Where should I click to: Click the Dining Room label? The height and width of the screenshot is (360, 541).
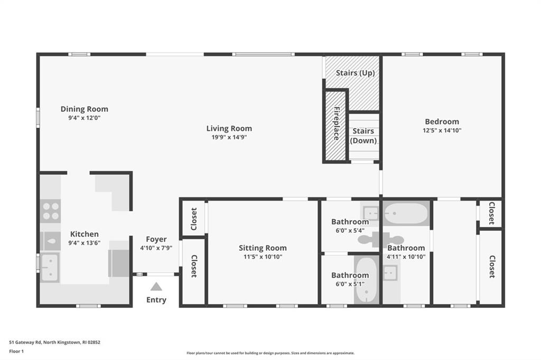tap(84, 109)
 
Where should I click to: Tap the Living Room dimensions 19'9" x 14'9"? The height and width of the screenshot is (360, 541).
tap(229, 137)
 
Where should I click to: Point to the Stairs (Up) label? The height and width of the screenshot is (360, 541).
tap(355, 73)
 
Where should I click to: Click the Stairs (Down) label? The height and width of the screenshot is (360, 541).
tap(363, 136)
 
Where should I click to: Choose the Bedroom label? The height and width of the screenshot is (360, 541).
tap(442, 121)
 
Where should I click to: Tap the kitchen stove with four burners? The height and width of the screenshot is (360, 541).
tap(50, 211)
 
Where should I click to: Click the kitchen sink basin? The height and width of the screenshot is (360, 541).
tap(50, 267)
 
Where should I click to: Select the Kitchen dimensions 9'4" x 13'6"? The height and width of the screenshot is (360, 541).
tap(84, 243)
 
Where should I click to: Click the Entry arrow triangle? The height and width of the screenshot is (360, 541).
tap(156, 287)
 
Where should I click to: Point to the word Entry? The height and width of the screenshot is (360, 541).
tap(156, 300)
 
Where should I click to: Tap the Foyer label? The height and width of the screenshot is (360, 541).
tap(156, 239)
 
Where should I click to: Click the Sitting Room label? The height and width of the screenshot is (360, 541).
tap(263, 248)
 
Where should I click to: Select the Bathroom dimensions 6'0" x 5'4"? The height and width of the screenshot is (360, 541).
tap(350, 230)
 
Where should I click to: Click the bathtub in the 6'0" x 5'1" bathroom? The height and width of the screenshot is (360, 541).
tap(367, 280)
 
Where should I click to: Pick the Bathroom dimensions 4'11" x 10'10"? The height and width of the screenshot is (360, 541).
tap(406, 257)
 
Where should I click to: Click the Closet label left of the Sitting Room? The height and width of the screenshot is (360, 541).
tap(194, 219)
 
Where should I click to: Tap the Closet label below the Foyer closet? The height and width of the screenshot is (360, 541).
tap(194, 266)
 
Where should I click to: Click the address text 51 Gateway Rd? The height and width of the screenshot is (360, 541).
tap(25, 343)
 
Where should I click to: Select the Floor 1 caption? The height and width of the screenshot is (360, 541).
tap(16, 352)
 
